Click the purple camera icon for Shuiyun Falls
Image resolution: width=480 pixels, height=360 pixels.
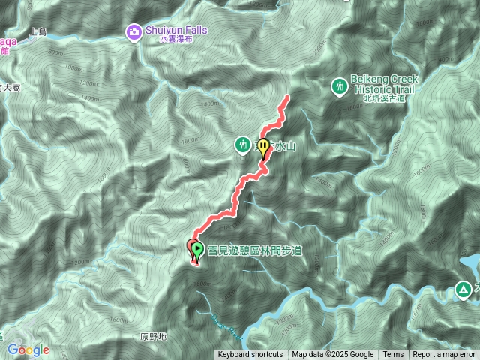(x=134, y=31)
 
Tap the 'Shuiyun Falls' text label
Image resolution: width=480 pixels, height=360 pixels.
(x=175, y=30)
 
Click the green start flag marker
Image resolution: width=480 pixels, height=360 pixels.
(x=196, y=248)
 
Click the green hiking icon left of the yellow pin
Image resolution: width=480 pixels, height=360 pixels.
(x=242, y=143)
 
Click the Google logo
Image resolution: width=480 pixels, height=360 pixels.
(x=28, y=349)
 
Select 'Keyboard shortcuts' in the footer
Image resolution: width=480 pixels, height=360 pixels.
(x=250, y=355)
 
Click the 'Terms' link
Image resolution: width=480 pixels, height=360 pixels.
(x=393, y=355)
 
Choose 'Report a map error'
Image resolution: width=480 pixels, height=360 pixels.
(x=444, y=355)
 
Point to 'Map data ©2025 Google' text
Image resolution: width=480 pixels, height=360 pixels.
(x=333, y=355)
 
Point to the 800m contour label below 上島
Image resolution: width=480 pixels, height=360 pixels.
(x=55, y=52)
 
